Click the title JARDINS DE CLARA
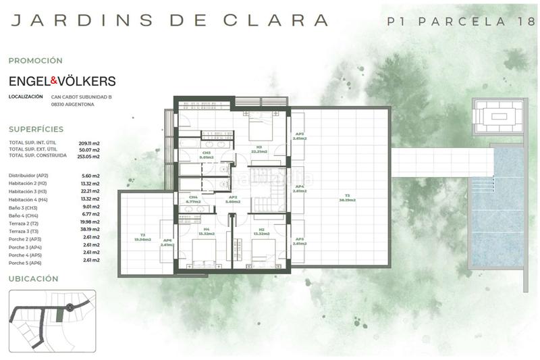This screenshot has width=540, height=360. [170, 20]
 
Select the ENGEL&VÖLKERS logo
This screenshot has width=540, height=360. [62, 81]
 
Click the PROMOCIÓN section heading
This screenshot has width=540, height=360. [35, 60]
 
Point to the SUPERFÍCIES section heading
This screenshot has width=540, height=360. [36, 129]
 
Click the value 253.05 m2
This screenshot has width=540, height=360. [88, 156]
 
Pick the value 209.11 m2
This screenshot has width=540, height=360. [88, 143]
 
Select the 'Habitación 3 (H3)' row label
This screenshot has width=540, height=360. [28, 191]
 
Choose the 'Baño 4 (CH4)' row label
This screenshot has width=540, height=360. [24, 216]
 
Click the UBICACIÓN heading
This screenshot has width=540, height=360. [33, 278]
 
